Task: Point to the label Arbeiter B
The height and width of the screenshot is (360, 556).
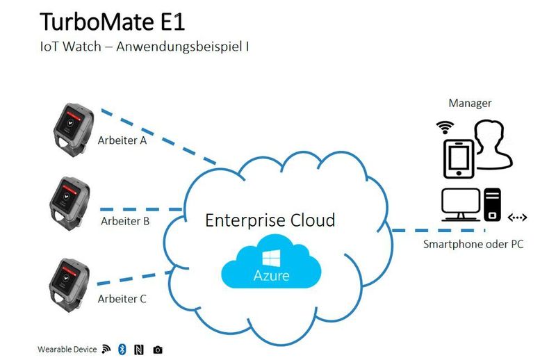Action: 125,222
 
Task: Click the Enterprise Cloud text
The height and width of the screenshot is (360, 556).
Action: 270,220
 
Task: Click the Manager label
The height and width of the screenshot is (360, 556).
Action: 470,104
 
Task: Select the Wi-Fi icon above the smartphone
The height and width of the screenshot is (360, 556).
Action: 445,127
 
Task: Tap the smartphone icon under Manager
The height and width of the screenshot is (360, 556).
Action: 458,159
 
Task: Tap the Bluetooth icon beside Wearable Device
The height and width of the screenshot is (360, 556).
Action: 121,349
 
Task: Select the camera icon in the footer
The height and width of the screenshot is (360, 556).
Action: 158,349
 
